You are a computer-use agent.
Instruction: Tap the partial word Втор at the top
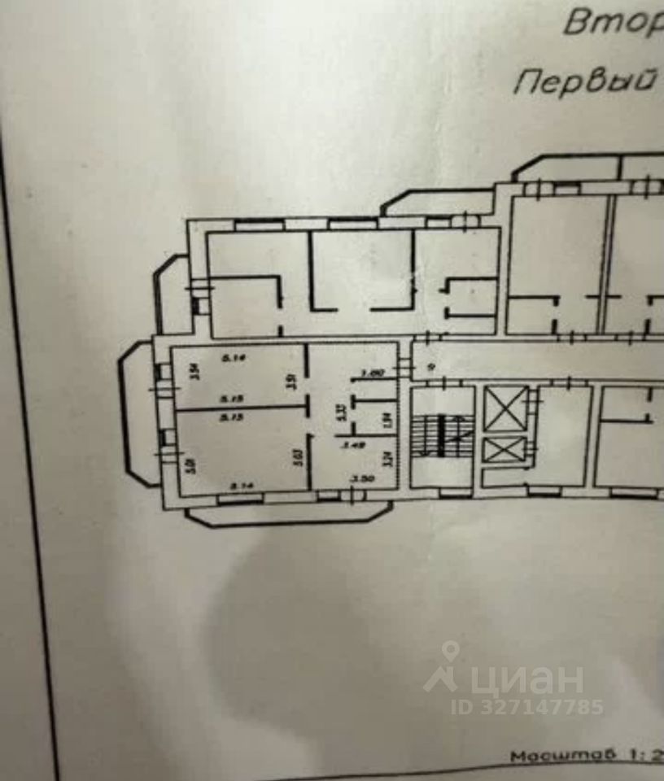(613, 22)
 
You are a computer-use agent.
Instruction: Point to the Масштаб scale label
(553, 755)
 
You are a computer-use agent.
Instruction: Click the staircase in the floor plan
(443, 438)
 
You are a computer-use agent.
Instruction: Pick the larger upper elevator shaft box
(505, 408)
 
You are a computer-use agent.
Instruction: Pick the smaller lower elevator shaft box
(505, 450)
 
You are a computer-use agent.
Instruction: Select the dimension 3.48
(352, 445)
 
